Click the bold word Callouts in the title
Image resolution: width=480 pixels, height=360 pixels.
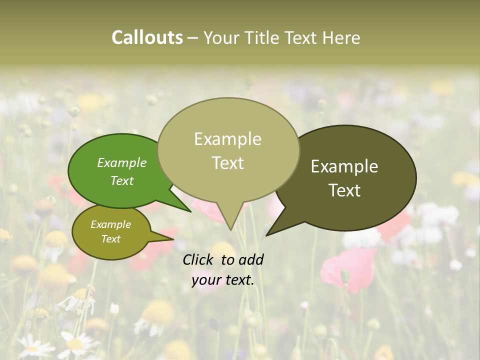click(147, 37)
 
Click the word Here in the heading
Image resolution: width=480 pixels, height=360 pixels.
click(341, 37)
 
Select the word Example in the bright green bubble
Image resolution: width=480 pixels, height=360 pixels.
click(122, 162)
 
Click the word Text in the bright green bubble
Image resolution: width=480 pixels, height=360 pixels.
click(122, 180)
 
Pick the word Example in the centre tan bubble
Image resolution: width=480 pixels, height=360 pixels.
click(227, 139)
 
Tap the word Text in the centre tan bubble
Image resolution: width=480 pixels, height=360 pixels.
click(227, 163)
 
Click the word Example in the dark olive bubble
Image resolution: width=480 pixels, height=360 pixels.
click(344, 166)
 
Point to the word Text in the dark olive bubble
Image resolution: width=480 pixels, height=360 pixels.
click(344, 190)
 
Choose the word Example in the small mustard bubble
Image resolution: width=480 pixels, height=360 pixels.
click(110, 224)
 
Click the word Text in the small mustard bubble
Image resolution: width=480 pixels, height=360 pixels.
click(110, 239)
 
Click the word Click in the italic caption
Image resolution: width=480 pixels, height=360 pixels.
click(198, 259)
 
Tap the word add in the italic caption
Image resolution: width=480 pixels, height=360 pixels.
click(251, 259)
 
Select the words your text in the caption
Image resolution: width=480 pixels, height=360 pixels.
click(223, 280)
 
